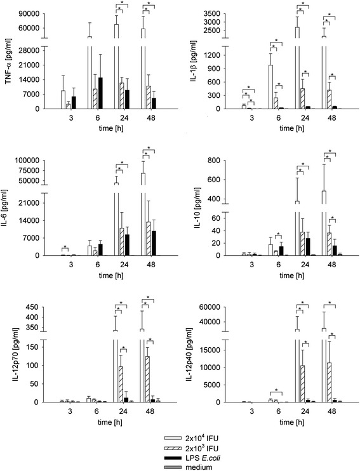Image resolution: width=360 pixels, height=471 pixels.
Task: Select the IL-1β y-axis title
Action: pos(194,61)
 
